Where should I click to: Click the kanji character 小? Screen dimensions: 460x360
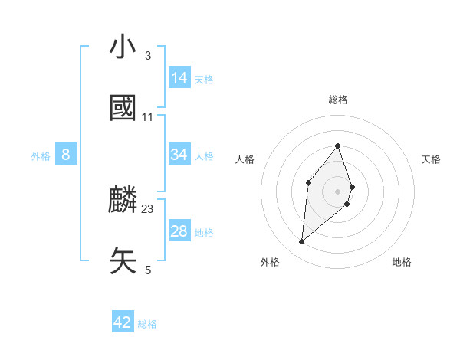tap(123, 47)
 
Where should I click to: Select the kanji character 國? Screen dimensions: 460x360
tap(123, 109)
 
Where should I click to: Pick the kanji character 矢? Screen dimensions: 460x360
tap(123, 261)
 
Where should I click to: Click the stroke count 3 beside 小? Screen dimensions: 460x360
tap(147, 56)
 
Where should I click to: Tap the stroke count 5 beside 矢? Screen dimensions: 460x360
tap(147, 270)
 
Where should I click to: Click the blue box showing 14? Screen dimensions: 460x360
tap(179, 77)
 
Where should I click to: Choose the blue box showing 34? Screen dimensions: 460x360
tap(179, 155)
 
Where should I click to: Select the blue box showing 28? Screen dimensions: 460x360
tap(179, 231)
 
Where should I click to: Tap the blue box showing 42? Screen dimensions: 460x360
tap(123, 322)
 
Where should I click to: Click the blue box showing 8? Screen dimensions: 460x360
tap(66, 155)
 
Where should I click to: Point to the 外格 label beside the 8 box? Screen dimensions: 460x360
tap(41, 156)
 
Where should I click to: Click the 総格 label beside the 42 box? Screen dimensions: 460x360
tap(147, 324)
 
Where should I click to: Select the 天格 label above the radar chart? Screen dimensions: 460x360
tap(431, 159)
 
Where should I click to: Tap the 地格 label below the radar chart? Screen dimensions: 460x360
tap(402, 262)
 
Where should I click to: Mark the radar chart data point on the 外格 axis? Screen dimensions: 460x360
tap(301, 242)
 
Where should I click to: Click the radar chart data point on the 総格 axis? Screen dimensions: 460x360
tap(337, 146)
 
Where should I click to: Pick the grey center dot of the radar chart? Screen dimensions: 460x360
tap(337, 191)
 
